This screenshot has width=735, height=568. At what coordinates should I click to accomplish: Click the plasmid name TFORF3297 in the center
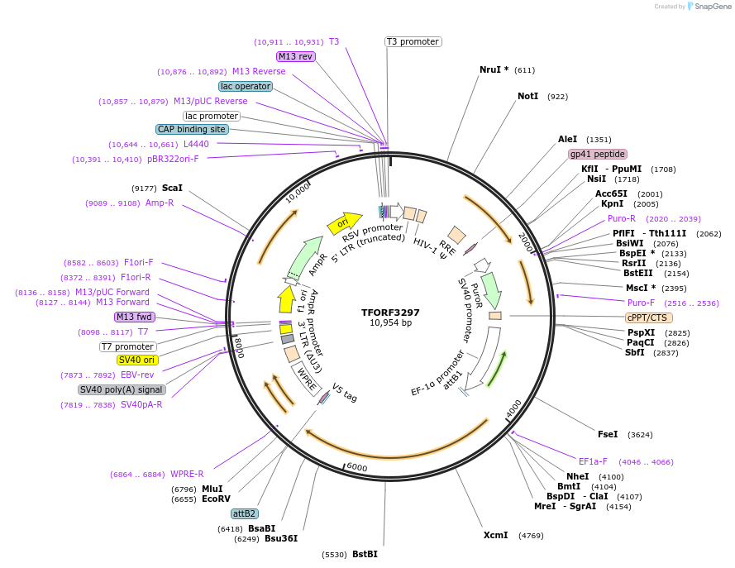pyautogui.click(x=390, y=313)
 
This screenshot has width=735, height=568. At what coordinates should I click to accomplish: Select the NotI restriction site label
pyautogui.click(x=527, y=97)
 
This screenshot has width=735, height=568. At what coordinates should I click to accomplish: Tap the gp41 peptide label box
pyautogui.click(x=598, y=154)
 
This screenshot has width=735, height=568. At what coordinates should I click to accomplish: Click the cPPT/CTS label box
pyautogui.click(x=648, y=317)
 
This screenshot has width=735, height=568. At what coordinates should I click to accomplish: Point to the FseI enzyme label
pyautogui.click(x=608, y=434)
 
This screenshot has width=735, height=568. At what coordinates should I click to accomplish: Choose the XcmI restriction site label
pyautogui.click(x=495, y=536)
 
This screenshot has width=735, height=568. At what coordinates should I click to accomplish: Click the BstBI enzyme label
pyautogui.click(x=365, y=554)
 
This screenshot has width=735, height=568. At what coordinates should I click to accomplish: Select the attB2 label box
pyautogui.click(x=245, y=513)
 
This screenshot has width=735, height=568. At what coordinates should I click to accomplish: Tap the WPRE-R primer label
pyautogui.click(x=187, y=474)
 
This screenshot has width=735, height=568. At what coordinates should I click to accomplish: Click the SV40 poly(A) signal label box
pyautogui.click(x=122, y=389)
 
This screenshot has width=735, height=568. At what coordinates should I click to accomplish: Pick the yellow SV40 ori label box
pyautogui.click(x=137, y=360)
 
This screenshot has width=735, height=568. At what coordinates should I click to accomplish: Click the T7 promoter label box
pyautogui.click(x=128, y=346)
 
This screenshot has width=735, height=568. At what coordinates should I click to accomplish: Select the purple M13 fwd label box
pyautogui.click(x=134, y=317)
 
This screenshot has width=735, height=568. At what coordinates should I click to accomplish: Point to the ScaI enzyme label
pyautogui.click(x=172, y=188)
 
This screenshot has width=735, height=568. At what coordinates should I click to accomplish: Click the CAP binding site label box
pyautogui.click(x=192, y=129)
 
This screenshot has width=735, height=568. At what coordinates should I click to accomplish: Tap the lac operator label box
pyautogui.click(x=246, y=86)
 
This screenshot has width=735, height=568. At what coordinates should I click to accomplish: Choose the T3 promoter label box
pyautogui.click(x=413, y=41)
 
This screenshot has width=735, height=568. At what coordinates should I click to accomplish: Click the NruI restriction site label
pyautogui.click(x=494, y=70)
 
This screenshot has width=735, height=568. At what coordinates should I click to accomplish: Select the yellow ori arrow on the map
pyautogui.click(x=345, y=222)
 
